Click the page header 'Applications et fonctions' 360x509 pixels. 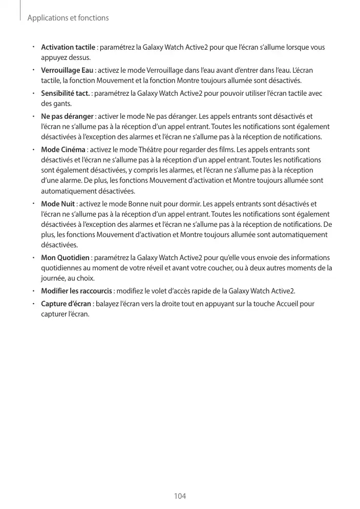pyautogui.click(x=68, y=18)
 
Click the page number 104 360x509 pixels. pyautogui.click(x=180, y=496)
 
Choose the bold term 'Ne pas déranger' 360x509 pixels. pyautogui.click(x=67, y=116)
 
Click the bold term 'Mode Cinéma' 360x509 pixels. pyautogui.click(x=63, y=150)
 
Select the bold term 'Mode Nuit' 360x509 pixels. pyautogui.click(x=58, y=205)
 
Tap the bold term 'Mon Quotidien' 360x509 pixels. pyautogui.click(x=65, y=257)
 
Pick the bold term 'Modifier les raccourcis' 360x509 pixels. pyautogui.click(x=76, y=291)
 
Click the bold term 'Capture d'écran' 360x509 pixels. pyautogui.click(x=66, y=304)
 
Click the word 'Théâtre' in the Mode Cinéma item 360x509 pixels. pyautogui.click(x=152, y=150)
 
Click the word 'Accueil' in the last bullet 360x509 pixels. pyautogui.click(x=283, y=304)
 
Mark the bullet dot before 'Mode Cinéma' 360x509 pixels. pyautogui.click(x=32, y=150)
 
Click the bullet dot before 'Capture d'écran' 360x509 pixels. pyautogui.click(x=32, y=304)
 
